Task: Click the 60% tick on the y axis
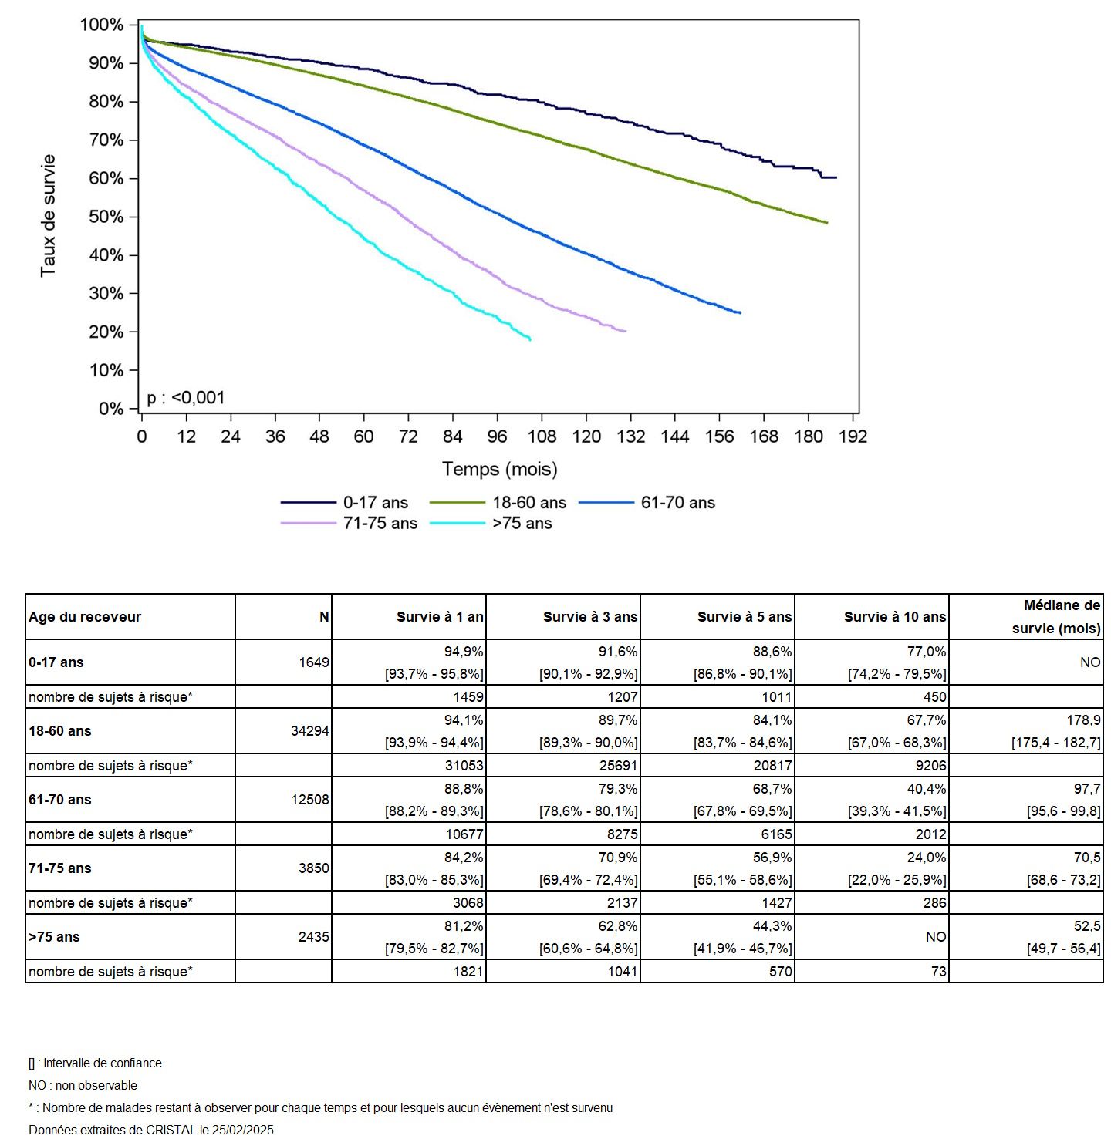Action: [106, 179]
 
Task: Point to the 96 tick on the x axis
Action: [497, 436]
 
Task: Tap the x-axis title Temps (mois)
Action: [499, 469]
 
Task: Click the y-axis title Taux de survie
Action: [49, 216]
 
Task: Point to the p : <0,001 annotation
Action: [186, 398]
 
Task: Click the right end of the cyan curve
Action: [530, 339]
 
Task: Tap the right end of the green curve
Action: [827, 223]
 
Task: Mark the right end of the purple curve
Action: [626, 331]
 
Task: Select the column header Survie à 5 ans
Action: [744, 617]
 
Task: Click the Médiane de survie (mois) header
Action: [1056, 617]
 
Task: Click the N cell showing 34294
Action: [310, 731]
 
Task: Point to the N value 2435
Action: [314, 937]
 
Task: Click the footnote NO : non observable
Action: [83, 1085]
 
